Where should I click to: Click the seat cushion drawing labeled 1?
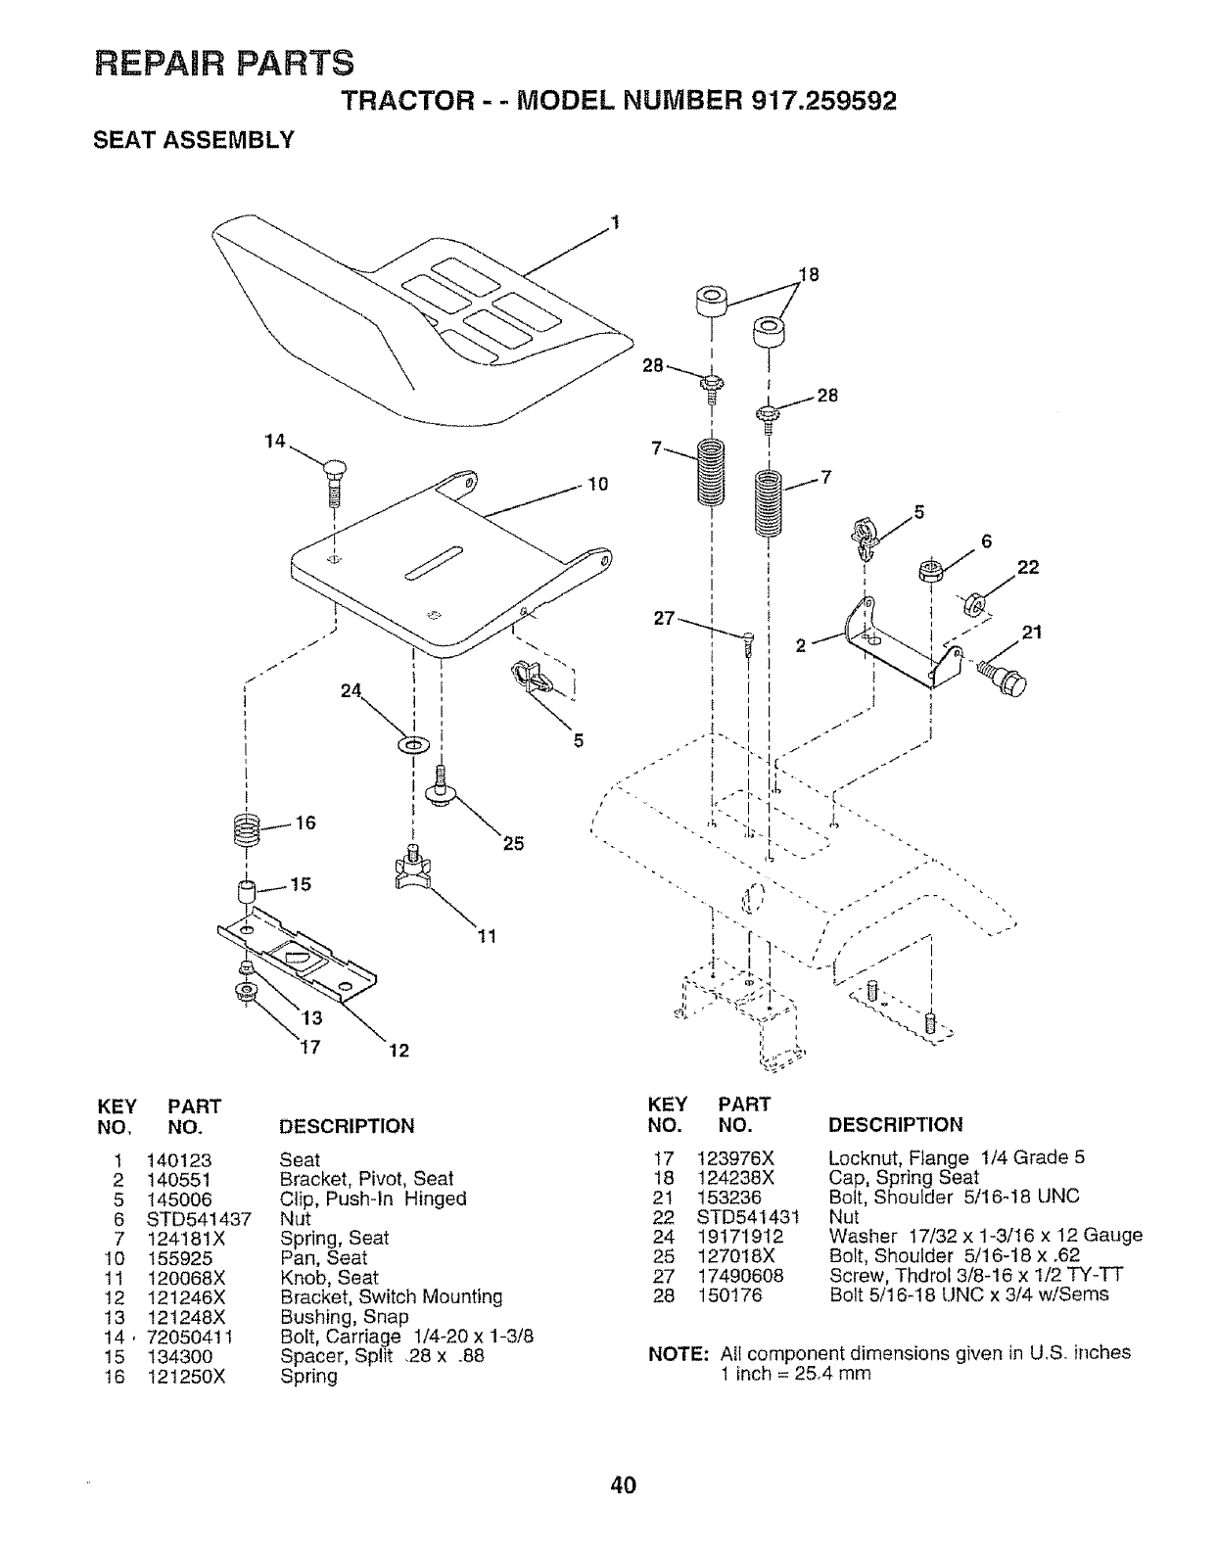(x=411, y=313)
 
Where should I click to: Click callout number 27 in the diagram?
(x=667, y=619)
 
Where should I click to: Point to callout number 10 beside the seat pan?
(x=597, y=484)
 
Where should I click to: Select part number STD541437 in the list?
(x=199, y=1219)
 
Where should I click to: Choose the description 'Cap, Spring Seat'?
(x=904, y=1178)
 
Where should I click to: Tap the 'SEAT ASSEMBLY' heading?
(x=192, y=140)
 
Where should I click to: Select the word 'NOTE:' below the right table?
(x=679, y=1353)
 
